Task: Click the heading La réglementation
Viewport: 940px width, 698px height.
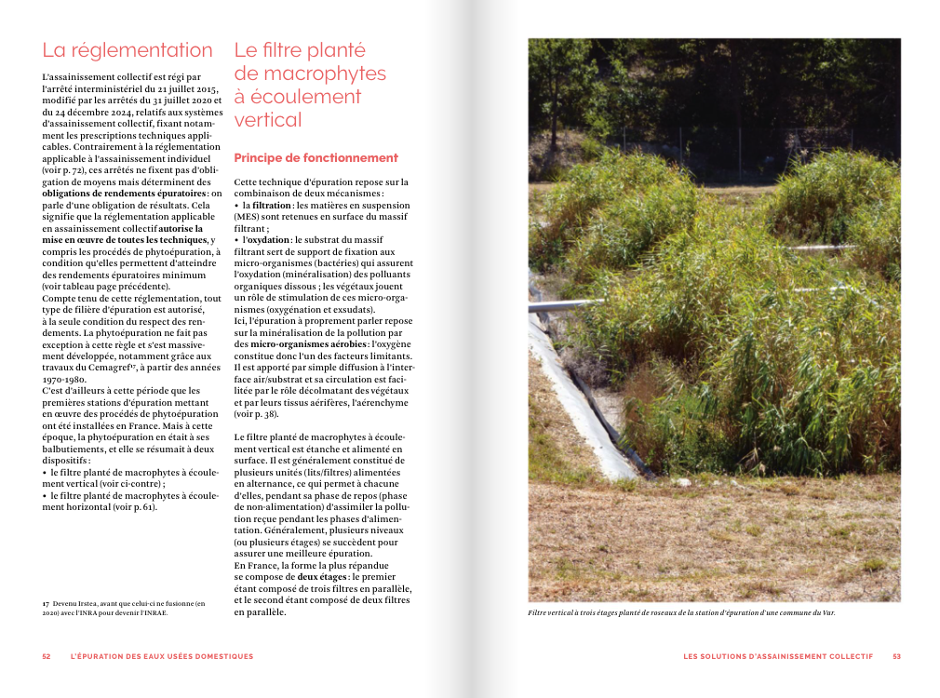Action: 128,50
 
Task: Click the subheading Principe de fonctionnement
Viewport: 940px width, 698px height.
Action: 316,158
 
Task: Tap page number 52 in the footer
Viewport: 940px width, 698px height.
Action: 47,656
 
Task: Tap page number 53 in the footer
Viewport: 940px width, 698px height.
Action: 896,656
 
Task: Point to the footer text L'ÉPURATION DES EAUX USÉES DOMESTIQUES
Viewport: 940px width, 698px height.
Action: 162,656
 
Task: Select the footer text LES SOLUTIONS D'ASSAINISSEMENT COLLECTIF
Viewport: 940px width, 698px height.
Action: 778,656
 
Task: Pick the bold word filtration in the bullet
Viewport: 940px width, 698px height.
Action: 272,205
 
